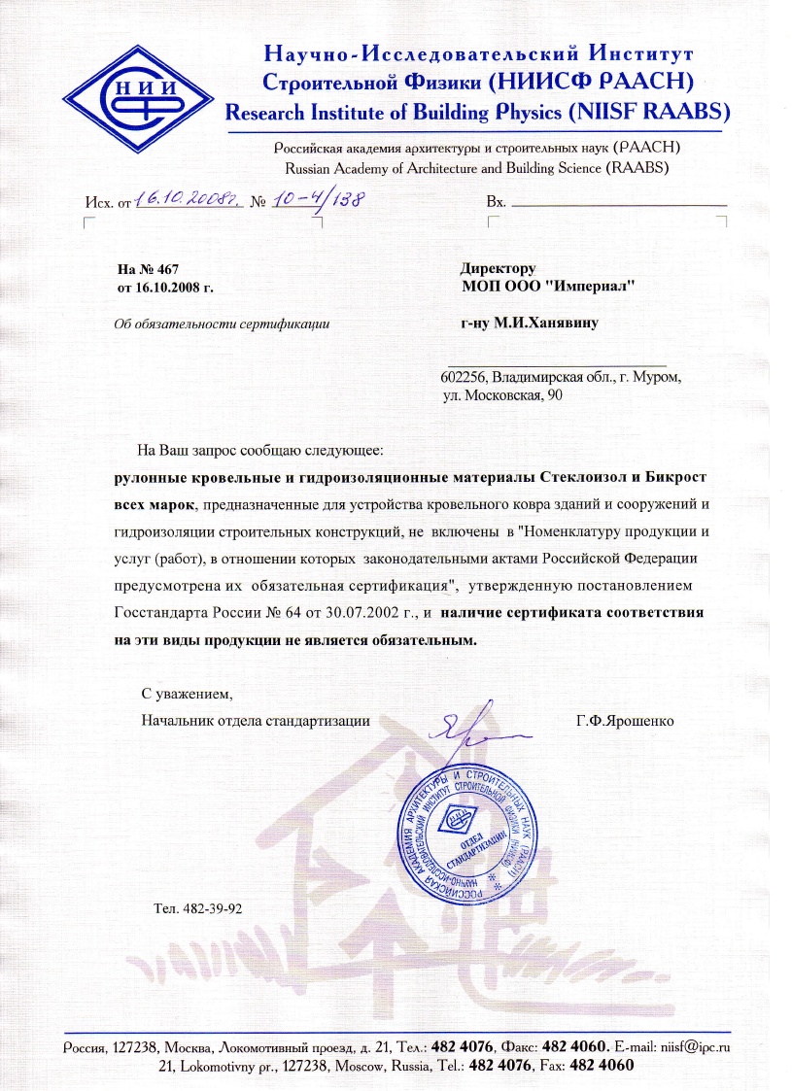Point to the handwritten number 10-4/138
(325, 199)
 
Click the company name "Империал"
(597, 286)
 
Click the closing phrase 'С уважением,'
(188, 695)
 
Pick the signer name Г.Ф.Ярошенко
(625, 721)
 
